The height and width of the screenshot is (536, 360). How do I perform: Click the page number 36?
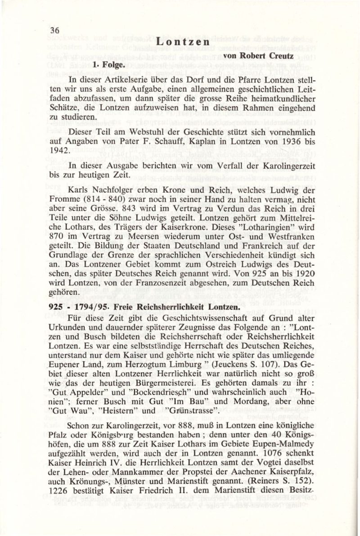click(55, 30)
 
